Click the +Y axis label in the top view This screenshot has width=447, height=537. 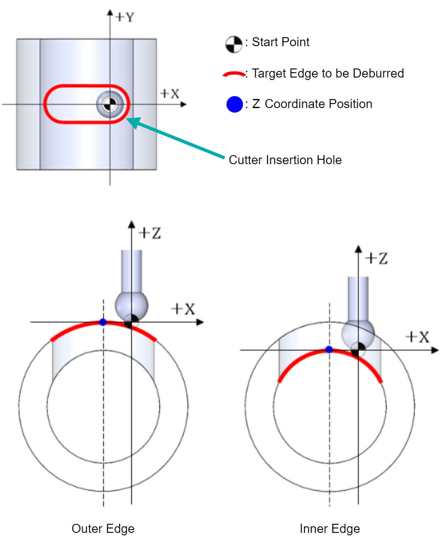[125, 17]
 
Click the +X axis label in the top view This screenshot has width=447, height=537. [169, 93]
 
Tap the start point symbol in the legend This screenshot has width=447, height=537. [233, 45]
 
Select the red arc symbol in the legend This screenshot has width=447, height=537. [234, 74]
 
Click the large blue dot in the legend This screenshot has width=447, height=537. [235, 104]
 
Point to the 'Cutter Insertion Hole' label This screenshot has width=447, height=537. [285, 160]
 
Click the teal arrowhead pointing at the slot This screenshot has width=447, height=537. [133, 122]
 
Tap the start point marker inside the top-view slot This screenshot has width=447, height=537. [110, 104]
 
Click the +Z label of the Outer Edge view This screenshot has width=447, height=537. [149, 233]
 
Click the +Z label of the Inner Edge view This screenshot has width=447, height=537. [376, 259]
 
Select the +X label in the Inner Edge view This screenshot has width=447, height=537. [417, 337]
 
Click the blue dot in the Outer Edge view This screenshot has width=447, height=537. [103, 322]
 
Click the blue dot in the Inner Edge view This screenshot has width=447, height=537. [329, 349]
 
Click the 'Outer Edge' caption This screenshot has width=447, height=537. [103, 528]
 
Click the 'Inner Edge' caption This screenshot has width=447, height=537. [329, 528]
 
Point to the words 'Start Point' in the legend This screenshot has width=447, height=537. [280, 42]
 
